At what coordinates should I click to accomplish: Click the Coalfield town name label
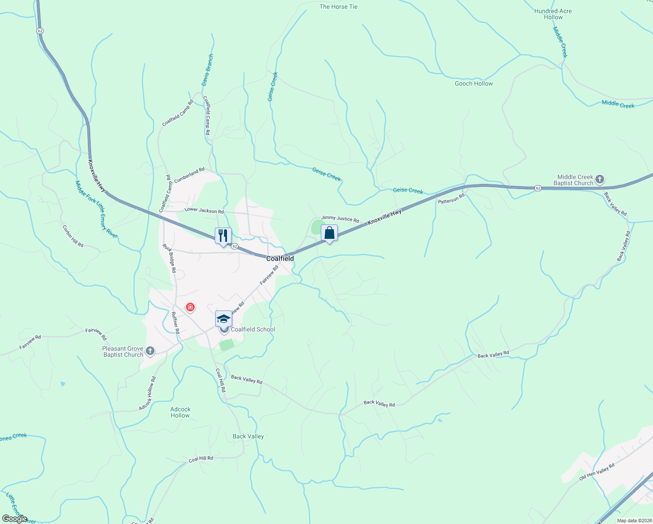click(280, 259)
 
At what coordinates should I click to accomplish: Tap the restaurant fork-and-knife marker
click(223, 236)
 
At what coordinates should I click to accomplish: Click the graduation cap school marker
click(223, 319)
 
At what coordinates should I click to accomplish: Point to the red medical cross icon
click(190, 307)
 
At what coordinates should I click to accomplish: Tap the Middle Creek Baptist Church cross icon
click(600, 179)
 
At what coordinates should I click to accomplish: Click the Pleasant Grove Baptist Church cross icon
click(150, 351)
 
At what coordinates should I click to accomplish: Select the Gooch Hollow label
click(474, 83)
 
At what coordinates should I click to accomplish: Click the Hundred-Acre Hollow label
click(553, 14)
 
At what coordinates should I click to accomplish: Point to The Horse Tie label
click(338, 7)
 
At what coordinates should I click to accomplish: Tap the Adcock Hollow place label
click(180, 412)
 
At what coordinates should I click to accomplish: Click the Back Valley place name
click(248, 436)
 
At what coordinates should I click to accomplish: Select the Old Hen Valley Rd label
click(597, 472)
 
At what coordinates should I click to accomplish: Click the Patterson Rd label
click(452, 199)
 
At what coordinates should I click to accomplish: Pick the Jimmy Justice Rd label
click(340, 219)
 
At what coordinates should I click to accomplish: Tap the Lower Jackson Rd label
click(204, 210)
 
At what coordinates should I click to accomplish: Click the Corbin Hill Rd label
click(73, 236)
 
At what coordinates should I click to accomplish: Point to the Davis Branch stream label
click(207, 70)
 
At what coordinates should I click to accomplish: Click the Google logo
click(14, 519)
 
